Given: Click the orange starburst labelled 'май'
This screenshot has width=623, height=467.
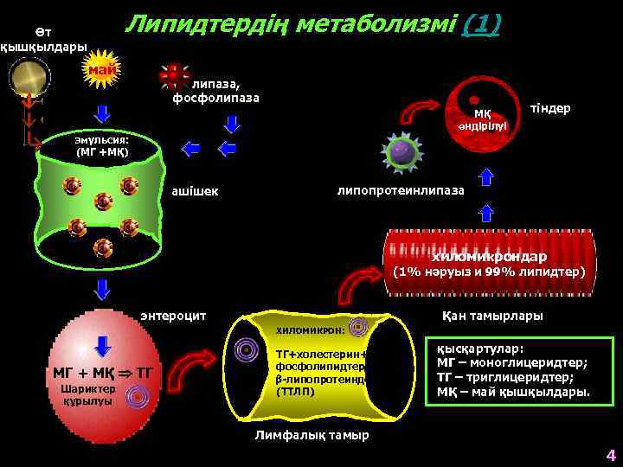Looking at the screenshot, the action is pyautogui.click(x=101, y=68).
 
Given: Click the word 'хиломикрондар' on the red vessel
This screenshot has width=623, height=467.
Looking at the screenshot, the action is pyautogui.click(x=490, y=257).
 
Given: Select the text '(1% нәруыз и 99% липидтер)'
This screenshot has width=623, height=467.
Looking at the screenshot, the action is pyautogui.click(x=490, y=272).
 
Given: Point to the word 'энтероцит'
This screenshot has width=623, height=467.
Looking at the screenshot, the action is pyautogui.click(x=173, y=316).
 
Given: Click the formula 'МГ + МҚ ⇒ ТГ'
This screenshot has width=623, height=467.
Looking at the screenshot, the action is pyautogui.click(x=102, y=373).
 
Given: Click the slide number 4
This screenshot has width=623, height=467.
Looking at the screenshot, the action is pyautogui.click(x=610, y=455).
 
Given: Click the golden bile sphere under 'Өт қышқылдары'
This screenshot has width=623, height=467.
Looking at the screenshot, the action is pyautogui.click(x=29, y=77).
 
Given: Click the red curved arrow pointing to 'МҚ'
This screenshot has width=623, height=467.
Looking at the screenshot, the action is pyautogui.click(x=424, y=112).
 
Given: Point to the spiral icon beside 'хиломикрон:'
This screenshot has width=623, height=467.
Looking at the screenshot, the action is pyautogui.click(x=359, y=327).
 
